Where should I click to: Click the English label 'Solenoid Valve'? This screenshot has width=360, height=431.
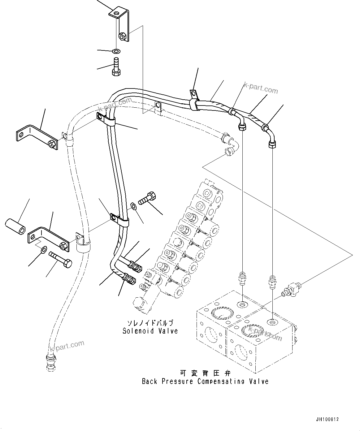point(150,331)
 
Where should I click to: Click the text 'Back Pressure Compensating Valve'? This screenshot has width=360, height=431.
point(205,381)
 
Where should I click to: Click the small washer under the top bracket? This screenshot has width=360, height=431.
point(117,50)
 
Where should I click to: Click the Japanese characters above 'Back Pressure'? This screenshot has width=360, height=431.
point(205,373)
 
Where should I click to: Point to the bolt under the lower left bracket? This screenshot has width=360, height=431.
point(60,258)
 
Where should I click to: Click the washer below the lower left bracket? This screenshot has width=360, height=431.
point(44,249)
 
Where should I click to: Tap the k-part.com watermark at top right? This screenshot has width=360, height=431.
point(261,88)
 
